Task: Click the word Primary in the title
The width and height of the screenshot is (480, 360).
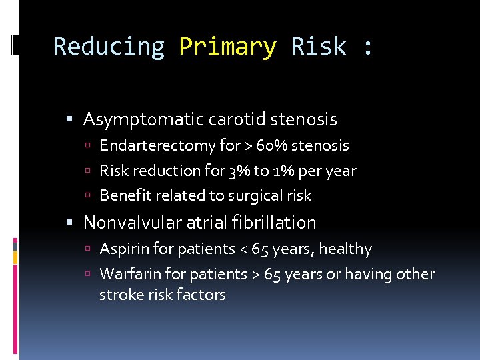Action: click(x=227, y=47)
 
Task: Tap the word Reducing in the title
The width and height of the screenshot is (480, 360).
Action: click(x=109, y=47)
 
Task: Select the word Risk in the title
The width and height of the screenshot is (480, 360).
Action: click(x=319, y=47)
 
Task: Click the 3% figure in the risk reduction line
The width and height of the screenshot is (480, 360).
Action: click(x=239, y=171)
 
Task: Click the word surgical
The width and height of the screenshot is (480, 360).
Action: click(x=253, y=196)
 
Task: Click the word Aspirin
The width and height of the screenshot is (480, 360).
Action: click(x=121, y=249)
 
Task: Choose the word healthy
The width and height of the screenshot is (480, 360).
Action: click(x=345, y=249)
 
